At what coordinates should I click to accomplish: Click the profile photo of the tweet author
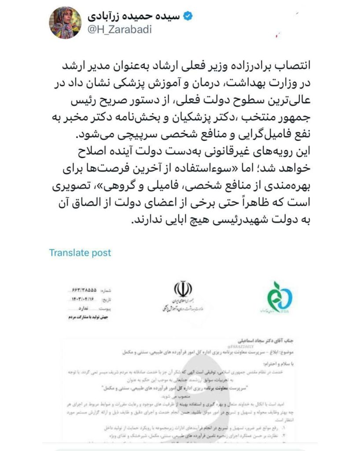pos(65,22)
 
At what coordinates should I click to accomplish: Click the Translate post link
pos(80,253)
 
